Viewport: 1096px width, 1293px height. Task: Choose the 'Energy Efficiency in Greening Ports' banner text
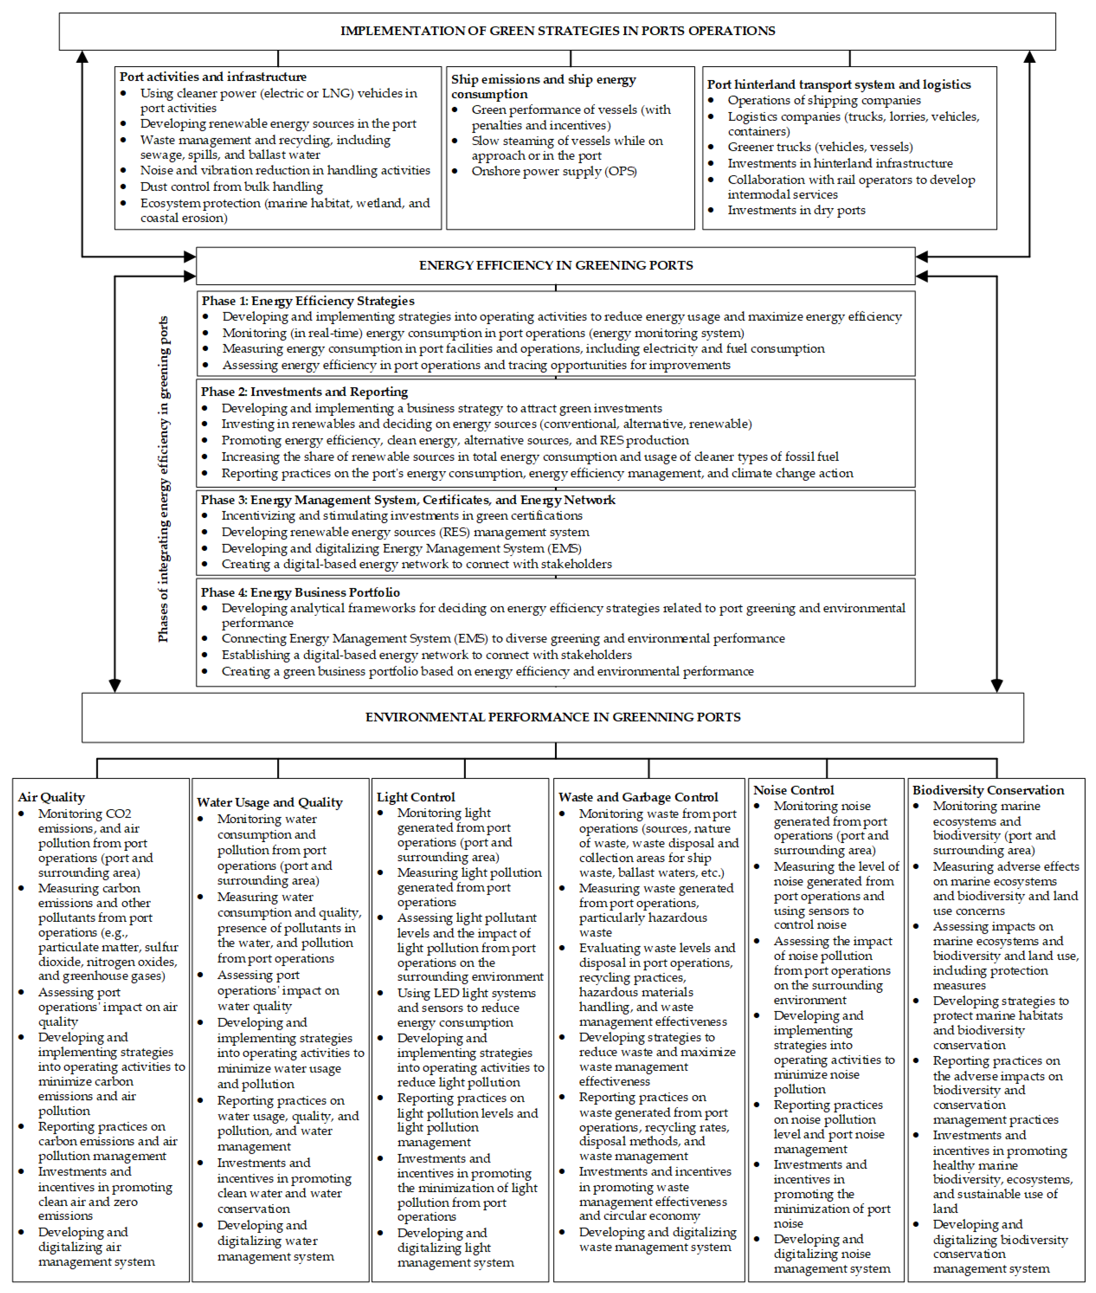[x=555, y=265]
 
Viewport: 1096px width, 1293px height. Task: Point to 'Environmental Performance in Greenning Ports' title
[x=552, y=717]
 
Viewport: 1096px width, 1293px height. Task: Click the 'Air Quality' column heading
[x=52, y=797]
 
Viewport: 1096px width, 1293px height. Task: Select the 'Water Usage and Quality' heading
[x=269, y=802]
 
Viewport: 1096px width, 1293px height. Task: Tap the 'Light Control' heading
[x=416, y=797]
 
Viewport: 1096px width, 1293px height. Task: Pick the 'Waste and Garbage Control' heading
[x=638, y=797]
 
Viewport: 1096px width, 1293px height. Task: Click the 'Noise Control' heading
[x=794, y=790]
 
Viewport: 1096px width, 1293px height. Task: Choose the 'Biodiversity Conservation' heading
[x=988, y=790]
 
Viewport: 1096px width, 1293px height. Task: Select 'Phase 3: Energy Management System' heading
[x=408, y=500]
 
